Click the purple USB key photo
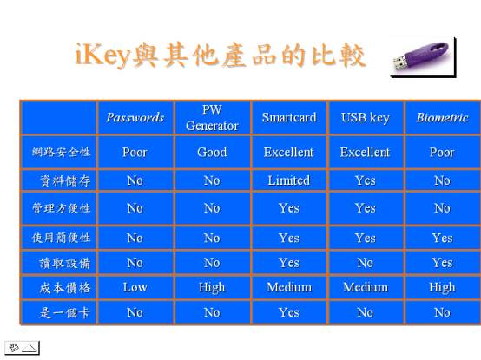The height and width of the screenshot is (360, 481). [x=423, y=57]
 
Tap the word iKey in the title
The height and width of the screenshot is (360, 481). [x=102, y=56]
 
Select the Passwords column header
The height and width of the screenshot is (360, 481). [x=135, y=118]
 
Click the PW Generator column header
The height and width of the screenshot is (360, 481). [x=212, y=118]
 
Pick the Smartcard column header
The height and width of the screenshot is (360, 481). [x=289, y=118]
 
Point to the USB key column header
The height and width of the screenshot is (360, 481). [x=366, y=118]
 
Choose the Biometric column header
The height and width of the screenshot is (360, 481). [x=442, y=118]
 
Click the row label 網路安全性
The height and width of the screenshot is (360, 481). [x=61, y=152]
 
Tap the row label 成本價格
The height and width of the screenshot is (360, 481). [x=65, y=288]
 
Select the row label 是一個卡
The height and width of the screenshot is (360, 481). [x=65, y=313]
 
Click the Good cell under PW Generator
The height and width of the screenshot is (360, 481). [x=212, y=153]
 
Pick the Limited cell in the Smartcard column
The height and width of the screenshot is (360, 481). [x=289, y=180]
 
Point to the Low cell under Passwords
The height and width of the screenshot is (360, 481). [x=135, y=287]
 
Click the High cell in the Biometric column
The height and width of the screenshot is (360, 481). [x=442, y=288]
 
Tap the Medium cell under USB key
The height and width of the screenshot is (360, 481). [x=366, y=287]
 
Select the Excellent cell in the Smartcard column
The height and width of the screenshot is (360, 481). [x=289, y=153]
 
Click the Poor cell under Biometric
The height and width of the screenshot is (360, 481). [x=442, y=153]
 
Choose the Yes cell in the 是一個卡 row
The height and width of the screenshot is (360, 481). [x=289, y=312]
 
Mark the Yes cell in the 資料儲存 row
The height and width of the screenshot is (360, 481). [x=366, y=180]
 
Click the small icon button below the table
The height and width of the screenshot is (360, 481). [x=22, y=348]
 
